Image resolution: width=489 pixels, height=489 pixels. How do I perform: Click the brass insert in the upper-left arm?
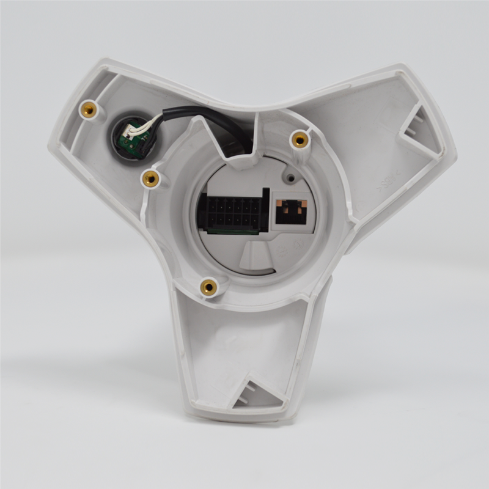[89, 110]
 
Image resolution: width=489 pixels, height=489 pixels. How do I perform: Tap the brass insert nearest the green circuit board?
[150, 178]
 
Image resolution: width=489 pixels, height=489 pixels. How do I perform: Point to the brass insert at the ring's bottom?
[208, 286]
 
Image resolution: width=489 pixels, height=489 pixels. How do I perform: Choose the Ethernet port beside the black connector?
[292, 211]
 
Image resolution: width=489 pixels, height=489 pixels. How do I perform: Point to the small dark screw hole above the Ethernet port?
[291, 178]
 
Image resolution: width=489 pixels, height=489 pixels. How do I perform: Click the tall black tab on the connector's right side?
[265, 208]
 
